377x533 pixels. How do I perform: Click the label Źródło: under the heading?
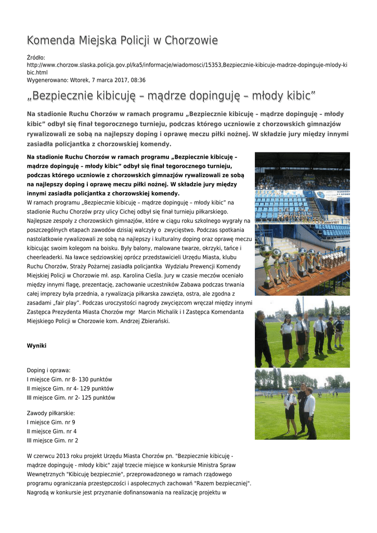36,57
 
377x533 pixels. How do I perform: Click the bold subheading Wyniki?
36,345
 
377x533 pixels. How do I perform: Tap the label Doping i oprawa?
48,370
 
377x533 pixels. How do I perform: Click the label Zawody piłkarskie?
51,413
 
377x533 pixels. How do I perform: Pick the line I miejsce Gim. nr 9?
51,422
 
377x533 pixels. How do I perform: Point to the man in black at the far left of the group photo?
261,338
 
